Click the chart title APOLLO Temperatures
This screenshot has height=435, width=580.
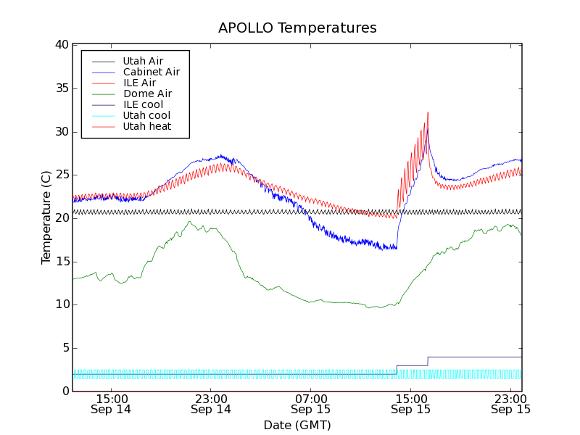(x=297, y=28)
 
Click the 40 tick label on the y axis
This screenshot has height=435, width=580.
(x=61, y=45)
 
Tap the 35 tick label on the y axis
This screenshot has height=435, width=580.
(x=61, y=88)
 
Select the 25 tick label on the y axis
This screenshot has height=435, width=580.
(x=61, y=175)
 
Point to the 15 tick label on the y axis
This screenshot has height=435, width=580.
(x=61, y=262)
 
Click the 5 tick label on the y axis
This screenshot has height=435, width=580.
(x=65, y=348)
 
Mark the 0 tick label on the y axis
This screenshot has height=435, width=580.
(x=65, y=391)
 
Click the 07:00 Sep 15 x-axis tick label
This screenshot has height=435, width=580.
(x=311, y=404)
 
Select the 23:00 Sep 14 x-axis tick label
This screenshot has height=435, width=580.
(x=211, y=404)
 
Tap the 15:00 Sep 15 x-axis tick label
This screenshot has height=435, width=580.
(x=411, y=404)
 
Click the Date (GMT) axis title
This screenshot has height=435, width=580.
(x=297, y=425)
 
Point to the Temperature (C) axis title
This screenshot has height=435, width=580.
(x=46, y=217)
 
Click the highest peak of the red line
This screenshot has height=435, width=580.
(x=428, y=112)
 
